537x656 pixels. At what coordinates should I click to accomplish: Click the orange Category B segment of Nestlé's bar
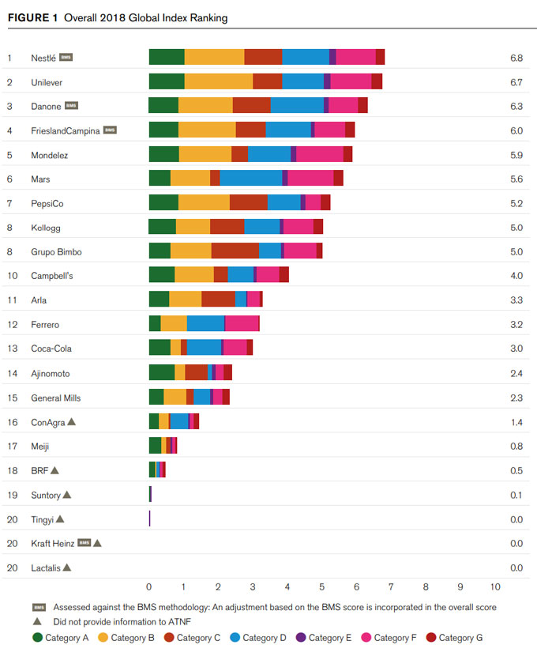[214, 57]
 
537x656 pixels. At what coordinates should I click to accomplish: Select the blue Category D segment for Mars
[250, 179]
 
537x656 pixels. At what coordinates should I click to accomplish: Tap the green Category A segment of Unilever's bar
[167, 81]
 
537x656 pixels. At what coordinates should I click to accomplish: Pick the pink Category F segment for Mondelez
[319, 155]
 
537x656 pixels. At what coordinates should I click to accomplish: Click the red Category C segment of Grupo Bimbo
[235, 251]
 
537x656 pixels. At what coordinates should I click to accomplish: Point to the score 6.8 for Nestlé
[517, 58]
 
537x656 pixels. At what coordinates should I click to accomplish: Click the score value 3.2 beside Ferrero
[517, 325]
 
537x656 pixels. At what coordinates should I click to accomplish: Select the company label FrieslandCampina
[66, 130]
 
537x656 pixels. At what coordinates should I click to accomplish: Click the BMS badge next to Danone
[71, 106]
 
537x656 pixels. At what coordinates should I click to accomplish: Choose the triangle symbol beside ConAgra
[72, 422]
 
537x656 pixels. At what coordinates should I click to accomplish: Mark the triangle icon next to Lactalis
[67, 567]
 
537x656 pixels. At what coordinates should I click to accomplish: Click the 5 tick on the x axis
[322, 587]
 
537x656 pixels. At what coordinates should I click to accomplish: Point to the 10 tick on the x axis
[495, 587]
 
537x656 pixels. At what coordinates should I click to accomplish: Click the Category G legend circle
[431, 637]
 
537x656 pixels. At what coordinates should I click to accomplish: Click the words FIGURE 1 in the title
[34, 17]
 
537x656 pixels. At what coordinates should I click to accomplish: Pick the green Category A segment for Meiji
[155, 446]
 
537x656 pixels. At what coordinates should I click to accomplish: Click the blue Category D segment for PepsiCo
[284, 203]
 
